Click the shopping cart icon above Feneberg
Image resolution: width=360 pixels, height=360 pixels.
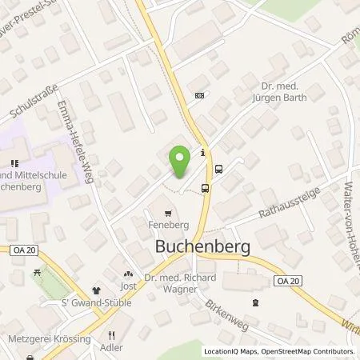click(167, 214)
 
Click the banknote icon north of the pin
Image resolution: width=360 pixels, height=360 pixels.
click(199, 94)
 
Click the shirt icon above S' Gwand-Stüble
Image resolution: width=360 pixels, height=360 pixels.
click(96, 291)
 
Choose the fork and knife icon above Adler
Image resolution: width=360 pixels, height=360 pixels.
click(113, 336)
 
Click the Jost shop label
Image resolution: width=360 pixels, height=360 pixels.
click(128, 286)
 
